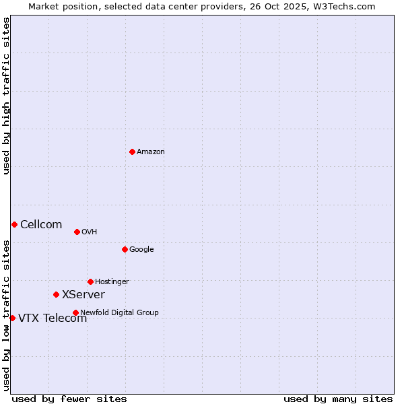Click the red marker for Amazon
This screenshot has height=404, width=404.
[132, 151]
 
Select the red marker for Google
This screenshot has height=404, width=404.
[125, 249]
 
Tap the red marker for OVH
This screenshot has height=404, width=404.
[77, 232]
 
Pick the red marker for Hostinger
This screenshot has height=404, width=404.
[90, 281]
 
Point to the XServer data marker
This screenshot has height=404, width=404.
[56, 294]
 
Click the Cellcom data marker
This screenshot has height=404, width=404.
[14, 224]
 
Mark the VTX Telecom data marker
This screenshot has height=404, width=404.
[12, 318]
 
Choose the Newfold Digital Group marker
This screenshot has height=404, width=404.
[75, 312]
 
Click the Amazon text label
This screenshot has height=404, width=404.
[151, 152]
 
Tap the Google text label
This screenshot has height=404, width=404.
[141, 250]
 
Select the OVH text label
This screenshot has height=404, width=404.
[90, 232]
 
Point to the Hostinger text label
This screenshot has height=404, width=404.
[112, 282]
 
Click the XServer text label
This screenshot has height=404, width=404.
[83, 295]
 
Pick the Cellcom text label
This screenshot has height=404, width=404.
[41, 225]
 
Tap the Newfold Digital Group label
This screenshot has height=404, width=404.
[119, 313]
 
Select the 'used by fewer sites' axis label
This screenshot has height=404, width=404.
[69, 399]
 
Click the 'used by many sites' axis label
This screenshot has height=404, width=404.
[338, 399]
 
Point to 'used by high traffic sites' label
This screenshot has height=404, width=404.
[7, 96]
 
